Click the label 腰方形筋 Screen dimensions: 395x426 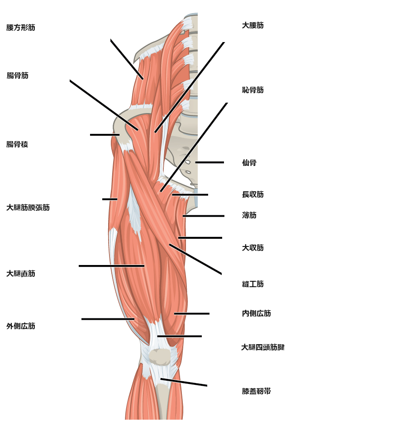point(21,28)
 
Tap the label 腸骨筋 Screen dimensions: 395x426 point(17,75)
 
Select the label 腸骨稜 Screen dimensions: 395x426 point(17,144)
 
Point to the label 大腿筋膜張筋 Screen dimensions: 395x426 point(28,207)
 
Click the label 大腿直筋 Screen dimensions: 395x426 point(21,273)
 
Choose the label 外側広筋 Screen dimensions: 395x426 point(21,326)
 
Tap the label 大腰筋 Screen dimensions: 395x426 point(253,25)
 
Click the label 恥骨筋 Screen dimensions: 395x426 point(253,90)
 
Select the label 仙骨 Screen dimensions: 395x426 point(249,162)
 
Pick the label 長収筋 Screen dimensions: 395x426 point(253,194)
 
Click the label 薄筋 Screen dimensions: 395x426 point(249,215)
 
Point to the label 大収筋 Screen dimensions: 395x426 point(253,247)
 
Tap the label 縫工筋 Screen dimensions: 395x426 point(253,284)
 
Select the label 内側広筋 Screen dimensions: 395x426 point(257,313)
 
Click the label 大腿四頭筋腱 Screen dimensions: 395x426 point(263,347)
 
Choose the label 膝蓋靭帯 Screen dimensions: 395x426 point(257,391)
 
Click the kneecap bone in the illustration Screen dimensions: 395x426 point(160,356)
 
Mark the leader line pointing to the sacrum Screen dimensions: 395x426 point(209,162)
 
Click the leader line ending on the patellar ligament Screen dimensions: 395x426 point(184,382)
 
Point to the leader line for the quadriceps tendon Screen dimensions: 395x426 point(180,336)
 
